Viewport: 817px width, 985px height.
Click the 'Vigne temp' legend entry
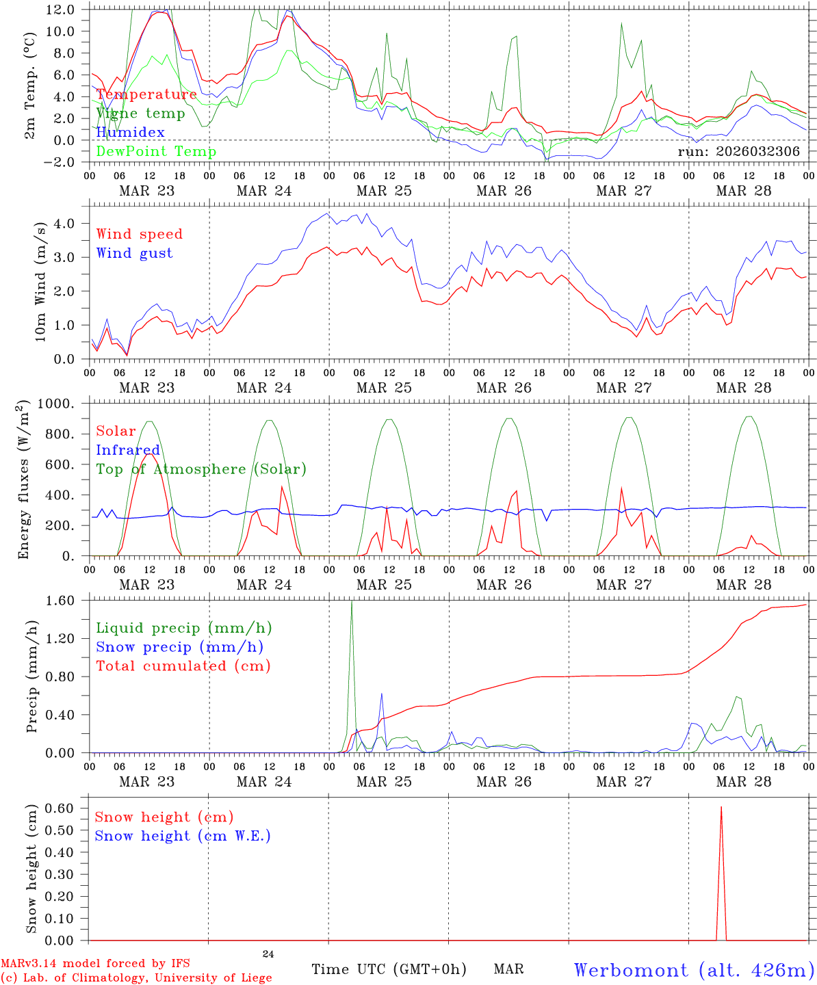(x=140, y=114)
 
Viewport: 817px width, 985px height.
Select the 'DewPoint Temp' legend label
(x=156, y=152)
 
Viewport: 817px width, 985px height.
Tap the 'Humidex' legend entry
(x=130, y=133)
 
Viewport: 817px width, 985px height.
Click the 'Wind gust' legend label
(x=134, y=253)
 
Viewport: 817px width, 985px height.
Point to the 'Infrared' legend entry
(x=128, y=450)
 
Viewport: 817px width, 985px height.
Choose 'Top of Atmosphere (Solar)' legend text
(x=201, y=469)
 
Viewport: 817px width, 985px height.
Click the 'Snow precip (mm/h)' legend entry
(x=179, y=647)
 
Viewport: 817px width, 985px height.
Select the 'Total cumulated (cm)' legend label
(x=183, y=666)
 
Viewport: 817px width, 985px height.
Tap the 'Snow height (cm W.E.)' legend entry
(x=183, y=836)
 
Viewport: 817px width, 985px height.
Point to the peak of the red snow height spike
(x=721, y=807)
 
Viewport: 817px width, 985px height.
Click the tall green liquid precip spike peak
(x=352, y=601)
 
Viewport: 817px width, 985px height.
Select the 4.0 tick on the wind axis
(x=65, y=224)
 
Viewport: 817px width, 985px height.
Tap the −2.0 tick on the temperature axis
(x=60, y=162)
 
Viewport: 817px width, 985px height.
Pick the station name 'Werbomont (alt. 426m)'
(x=694, y=970)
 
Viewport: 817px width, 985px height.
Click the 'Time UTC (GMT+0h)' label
(x=389, y=969)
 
